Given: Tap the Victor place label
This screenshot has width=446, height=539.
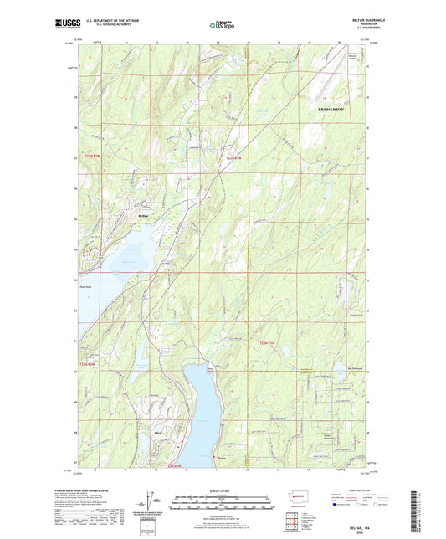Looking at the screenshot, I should point(221,456).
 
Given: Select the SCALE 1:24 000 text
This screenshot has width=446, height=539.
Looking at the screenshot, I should point(222,492).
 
